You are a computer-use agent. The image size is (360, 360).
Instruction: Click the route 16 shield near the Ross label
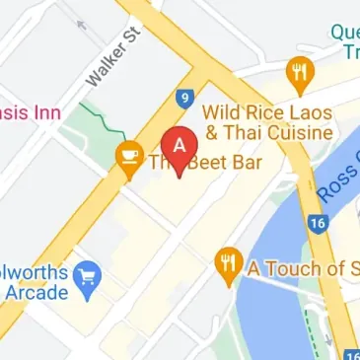click(x=317, y=223)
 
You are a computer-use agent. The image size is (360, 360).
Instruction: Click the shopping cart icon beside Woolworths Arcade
click(x=90, y=273)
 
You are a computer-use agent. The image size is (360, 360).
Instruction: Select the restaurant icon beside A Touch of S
click(x=228, y=263)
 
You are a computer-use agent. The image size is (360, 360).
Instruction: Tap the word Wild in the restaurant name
click(x=222, y=109)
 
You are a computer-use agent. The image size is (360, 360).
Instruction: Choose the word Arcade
click(x=36, y=292)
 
